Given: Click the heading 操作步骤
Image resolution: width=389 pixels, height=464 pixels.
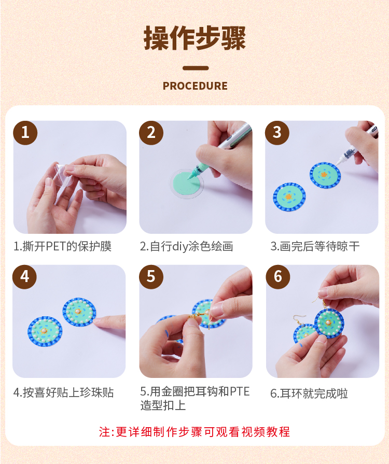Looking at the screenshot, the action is coord(195,38).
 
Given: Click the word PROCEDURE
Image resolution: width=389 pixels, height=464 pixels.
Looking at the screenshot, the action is coord(195,86).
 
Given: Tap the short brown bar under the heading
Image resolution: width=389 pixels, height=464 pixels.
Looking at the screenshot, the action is coord(196,68).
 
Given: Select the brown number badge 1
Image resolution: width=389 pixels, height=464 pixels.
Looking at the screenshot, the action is coord(25,133).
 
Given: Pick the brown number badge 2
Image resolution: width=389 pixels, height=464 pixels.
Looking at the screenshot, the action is coord(151,133).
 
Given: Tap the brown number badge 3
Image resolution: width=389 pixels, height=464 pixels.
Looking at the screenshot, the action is coord(277,133).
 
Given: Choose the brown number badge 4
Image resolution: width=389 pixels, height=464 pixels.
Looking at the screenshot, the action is coord(24,277).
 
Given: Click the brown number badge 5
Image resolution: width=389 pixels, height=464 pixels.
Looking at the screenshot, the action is coord(151,277).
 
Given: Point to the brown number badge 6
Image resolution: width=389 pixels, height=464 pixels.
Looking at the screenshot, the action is coord(278,277).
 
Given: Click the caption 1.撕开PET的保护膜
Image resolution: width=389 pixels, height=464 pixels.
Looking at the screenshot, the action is coord(62,246).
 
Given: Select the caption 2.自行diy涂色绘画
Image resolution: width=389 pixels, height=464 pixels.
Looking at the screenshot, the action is coord(187,246).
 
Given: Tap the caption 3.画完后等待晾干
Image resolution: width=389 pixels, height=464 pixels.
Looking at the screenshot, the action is coord(315,246).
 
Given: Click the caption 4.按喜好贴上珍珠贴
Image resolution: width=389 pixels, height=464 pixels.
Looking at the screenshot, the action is coord(64,392).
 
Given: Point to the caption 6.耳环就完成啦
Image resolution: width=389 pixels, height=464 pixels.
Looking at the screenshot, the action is coord(309,393).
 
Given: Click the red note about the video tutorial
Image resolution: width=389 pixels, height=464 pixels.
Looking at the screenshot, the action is coord(195,432).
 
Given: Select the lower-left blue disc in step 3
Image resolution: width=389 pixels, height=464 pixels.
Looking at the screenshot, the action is coord(289,197).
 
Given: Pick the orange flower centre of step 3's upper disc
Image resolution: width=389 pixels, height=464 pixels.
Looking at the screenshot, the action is coord(324,175).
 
